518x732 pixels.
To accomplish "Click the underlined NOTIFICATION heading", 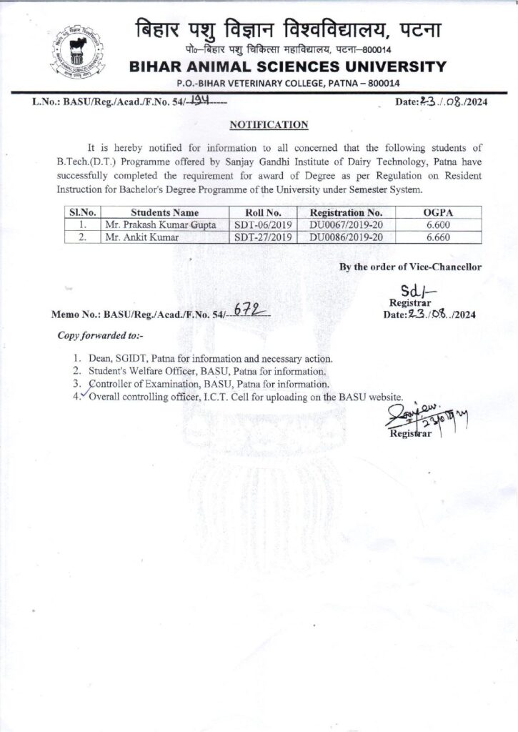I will (x=269, y=124).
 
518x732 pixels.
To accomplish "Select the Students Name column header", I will (x=165, y=212).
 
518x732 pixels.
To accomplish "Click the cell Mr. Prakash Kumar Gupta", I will (x=154, y=225).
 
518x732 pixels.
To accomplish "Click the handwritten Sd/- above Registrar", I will (x=412, y=292).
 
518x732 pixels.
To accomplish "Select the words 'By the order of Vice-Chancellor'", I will (x=410, y=267).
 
